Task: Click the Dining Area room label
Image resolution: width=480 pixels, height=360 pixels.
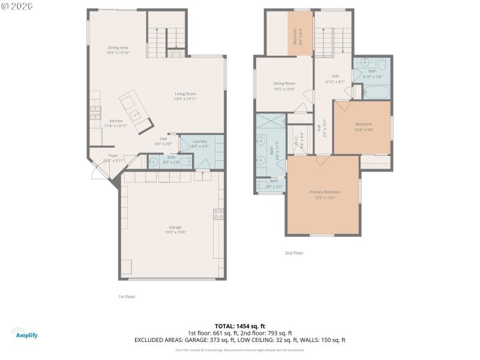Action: pos(118,50)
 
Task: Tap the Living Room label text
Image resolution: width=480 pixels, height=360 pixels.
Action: pos(185,96)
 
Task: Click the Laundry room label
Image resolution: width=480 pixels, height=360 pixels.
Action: pos(200,143)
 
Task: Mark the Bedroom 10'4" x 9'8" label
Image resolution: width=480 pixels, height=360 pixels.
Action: pos(363,127)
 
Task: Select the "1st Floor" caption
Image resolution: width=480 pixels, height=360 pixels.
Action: pos(127,296)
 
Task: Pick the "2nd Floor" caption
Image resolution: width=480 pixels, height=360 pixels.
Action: pos(294,253)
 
